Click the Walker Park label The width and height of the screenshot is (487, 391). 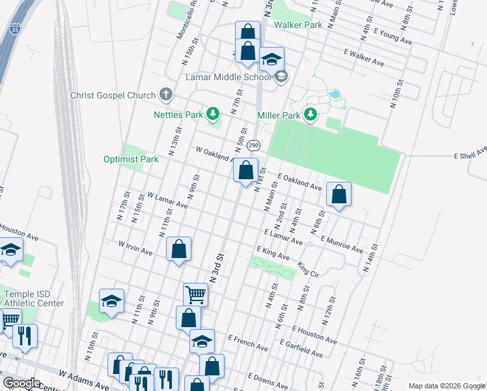click(x=298, y=25)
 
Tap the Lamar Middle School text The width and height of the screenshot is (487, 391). click(x=218, y=77)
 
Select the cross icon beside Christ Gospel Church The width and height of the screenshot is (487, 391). click(x=166, y=95)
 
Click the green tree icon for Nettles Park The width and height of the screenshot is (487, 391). click(x=212, y=115)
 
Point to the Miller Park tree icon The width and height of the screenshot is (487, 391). click(x=311, y=115)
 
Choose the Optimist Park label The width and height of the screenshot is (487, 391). click(x=131, y=159)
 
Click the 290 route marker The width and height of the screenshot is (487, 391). click(x=253, y=145)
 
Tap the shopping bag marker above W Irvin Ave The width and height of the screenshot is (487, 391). click(x=178, y=248)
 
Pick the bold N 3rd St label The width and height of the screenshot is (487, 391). click(x=217, y=259)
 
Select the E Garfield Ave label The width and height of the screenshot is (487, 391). click(x=300, y=348)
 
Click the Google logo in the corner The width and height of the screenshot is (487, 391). click(x=21, y=383)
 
